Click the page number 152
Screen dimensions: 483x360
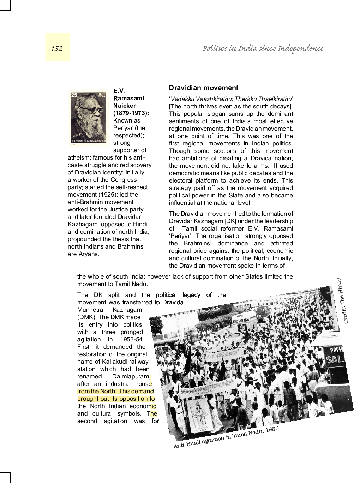(x=57, y=48)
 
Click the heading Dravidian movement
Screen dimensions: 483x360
(x=204, y=88)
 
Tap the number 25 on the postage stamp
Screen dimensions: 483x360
(x=74, y=95)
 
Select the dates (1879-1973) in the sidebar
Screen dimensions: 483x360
(x=131, y=113)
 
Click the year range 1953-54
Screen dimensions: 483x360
(x=131, y=339)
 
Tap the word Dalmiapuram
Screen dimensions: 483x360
(x=131, y=376)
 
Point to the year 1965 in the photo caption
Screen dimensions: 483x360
(x=272, y=429)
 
